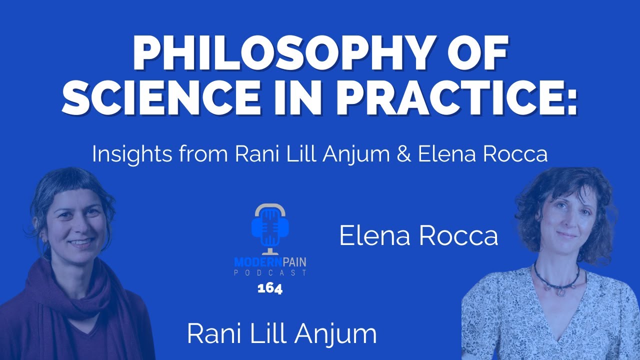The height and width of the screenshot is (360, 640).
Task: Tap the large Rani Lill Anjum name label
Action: pyautogui.click(x=281, y=334)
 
